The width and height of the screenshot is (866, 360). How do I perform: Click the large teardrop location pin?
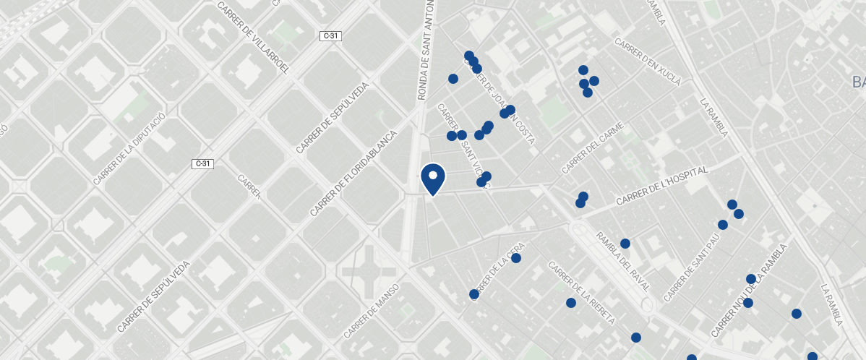[432, 179]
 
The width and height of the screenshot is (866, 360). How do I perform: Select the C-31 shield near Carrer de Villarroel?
[330, 36]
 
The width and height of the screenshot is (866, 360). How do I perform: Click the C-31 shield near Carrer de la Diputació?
[203, 164]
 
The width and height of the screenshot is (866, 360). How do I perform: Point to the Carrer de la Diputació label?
[130, 148]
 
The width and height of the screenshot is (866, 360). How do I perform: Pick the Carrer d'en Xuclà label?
[648, 62]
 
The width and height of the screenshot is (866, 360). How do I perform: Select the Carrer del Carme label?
[592, 148]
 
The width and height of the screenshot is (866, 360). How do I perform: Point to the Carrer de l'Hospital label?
[661, 186]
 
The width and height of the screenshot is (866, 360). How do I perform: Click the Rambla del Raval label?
[622, 261]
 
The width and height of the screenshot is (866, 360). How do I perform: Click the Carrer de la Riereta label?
[581, 293]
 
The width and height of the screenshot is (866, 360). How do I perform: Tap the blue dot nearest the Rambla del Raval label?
[625, 244]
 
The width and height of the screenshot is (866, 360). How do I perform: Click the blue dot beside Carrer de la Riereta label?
[571, 303]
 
